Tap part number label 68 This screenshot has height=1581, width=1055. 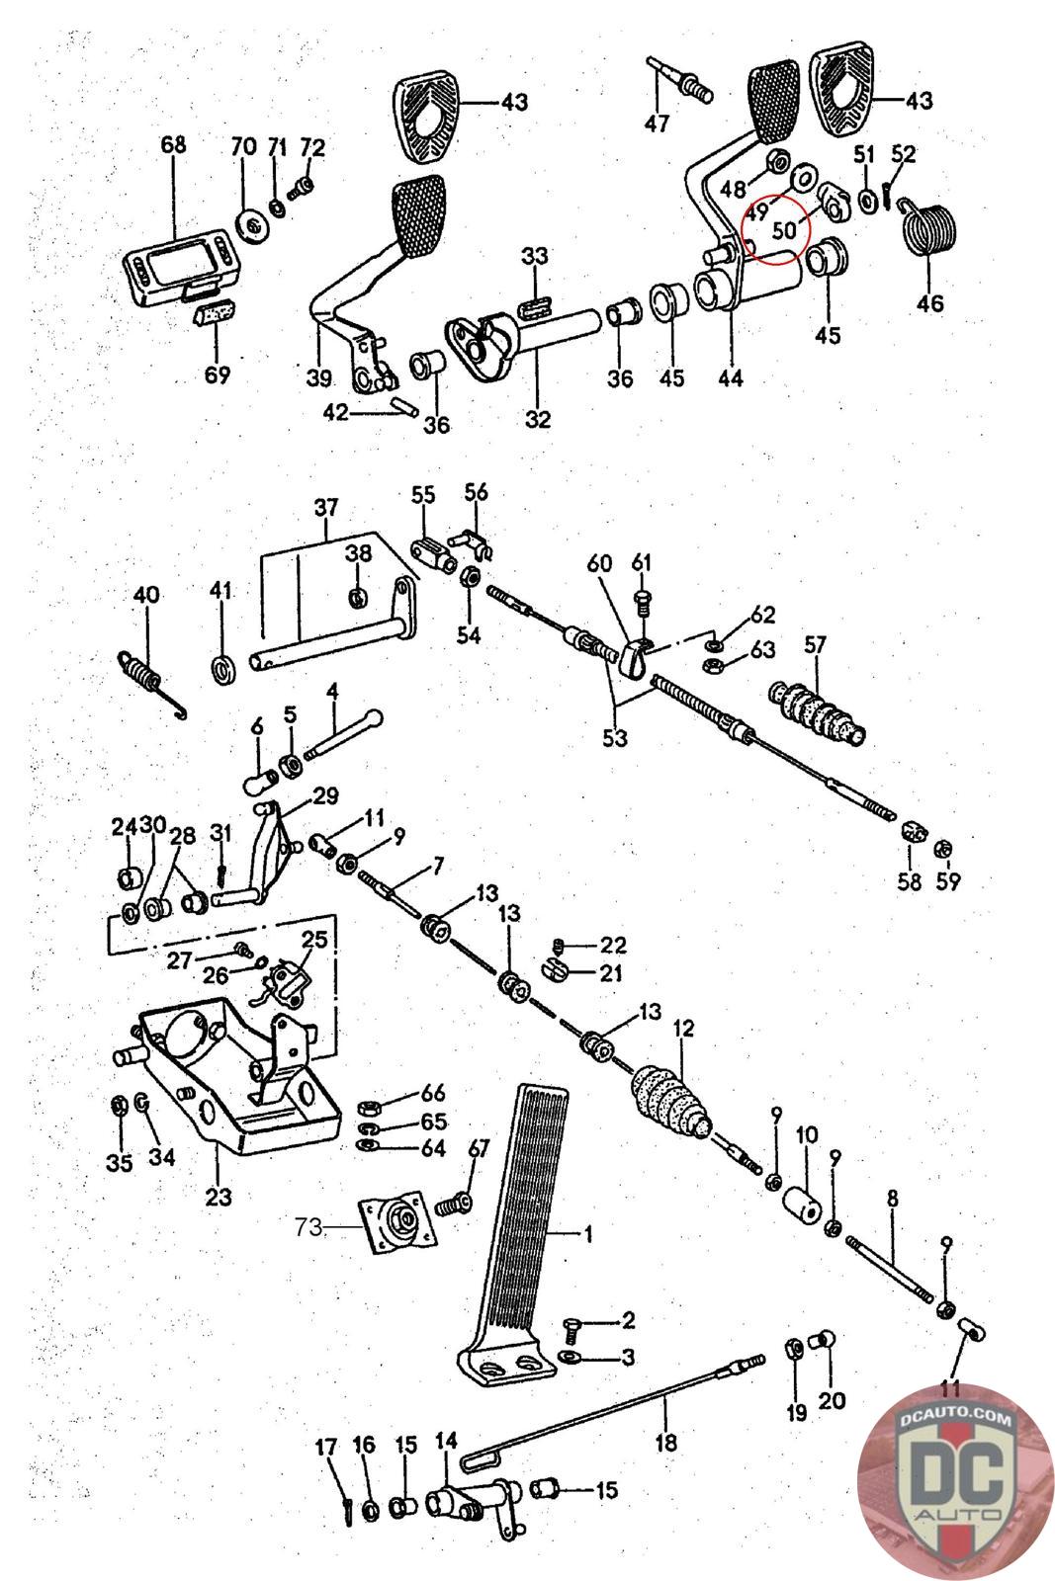173,145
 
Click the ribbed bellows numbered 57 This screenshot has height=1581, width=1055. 819,709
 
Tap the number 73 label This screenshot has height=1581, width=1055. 308,1227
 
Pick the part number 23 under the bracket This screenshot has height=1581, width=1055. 219,1197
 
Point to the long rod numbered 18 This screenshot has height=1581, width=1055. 613,1410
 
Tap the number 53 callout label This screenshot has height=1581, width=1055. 615,738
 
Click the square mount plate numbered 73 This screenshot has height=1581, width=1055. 400,1225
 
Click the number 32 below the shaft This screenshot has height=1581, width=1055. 537,419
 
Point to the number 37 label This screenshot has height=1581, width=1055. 326,509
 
